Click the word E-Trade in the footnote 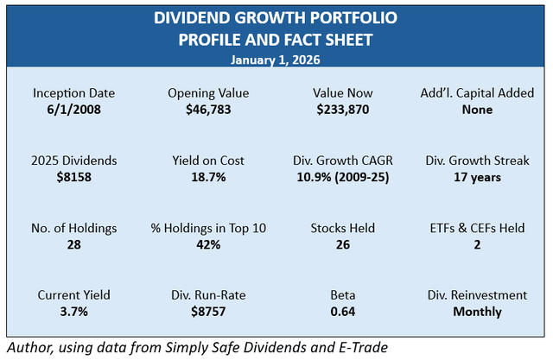click(x=362, y=346)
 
